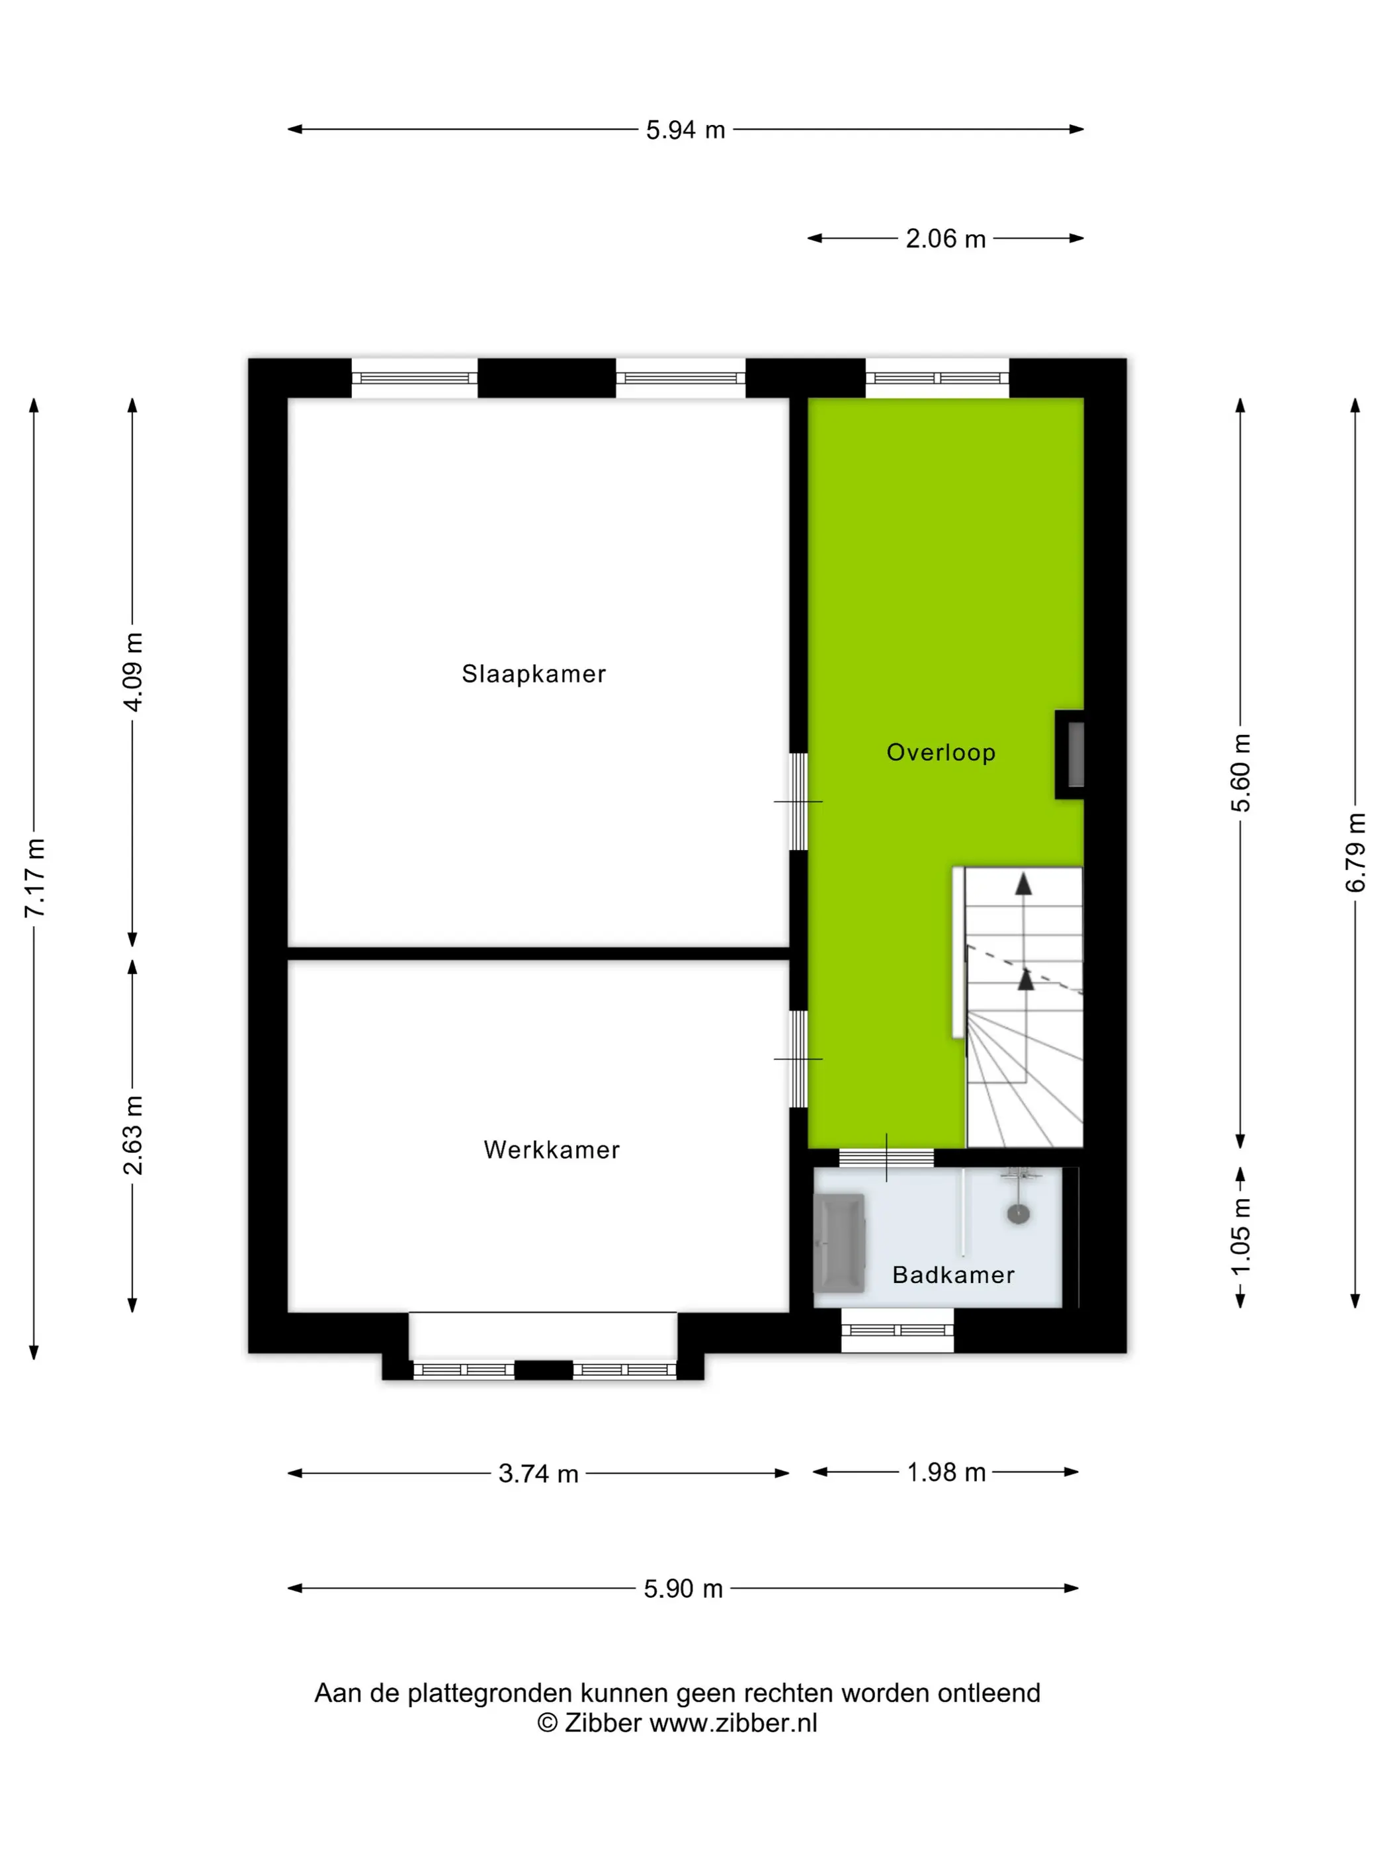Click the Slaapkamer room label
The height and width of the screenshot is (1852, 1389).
point(533,673)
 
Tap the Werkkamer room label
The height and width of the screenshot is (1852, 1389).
point(552,1150)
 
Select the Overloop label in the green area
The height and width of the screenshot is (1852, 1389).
point(941,753)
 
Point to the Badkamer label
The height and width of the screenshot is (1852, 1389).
point(954,1275)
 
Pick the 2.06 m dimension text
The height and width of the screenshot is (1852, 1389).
point(945,239)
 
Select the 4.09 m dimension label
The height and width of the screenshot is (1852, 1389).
point(132,671)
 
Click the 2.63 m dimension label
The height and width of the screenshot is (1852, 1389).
point(132,1134)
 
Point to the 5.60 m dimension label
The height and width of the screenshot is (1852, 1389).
point(1240,772)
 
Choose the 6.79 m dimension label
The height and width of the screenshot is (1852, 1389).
point(1355,853)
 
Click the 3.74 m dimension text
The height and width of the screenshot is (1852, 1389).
point(538,1473)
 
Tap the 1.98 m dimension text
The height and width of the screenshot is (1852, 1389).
point(946,1471)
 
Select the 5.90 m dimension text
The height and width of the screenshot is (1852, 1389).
point(683,1588)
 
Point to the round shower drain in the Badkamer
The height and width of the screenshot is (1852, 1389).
point(1018,1213)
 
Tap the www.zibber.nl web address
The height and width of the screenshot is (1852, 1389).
point(734,1723)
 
